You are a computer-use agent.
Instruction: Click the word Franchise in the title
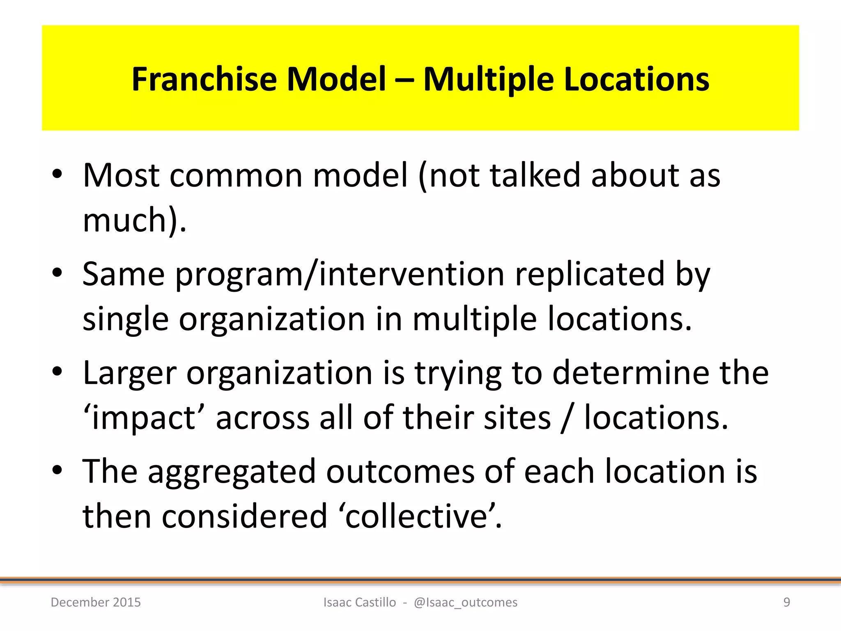point(204,79)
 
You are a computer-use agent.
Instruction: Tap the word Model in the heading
point(336,79)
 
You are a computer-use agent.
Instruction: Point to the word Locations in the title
point(636,79)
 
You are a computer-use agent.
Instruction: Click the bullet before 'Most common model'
point(57,174)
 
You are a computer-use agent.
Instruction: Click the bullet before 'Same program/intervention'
point(57,272)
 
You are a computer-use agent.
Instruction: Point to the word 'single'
point(125,320)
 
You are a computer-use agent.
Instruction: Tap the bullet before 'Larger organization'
point(57,371)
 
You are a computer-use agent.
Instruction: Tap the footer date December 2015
point(96,602)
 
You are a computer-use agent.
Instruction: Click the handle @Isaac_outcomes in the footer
point(466,602)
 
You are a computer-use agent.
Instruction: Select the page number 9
point(786,602)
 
